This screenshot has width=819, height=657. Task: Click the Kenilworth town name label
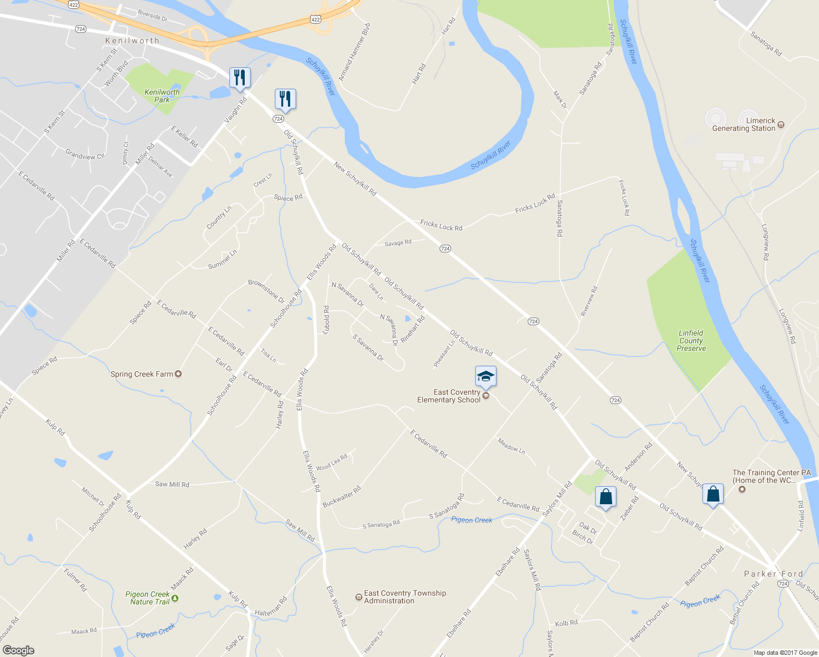coord(132,41)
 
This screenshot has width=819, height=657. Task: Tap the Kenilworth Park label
coord(162,96)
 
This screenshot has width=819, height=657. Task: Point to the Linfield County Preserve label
coord(691,341)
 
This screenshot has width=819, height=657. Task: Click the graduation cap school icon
coord(486,377)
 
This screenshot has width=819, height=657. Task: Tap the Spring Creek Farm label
coord(142,374)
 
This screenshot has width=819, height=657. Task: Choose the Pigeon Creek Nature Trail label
coord(147,598)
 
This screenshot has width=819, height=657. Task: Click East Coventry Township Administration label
coord(405,597)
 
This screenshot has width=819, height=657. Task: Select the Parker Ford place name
coord(773,574)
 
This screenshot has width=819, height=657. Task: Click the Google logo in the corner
coord(19,650)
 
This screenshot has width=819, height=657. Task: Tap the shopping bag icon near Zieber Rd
coord(605,497)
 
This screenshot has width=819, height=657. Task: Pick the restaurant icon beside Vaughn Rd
coord(239,77)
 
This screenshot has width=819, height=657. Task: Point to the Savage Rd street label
coord(398,243)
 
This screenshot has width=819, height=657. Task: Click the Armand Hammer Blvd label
coord(354,53)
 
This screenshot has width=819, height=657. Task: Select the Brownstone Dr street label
coord(267,291)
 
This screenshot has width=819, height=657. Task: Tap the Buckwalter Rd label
coord(342,497)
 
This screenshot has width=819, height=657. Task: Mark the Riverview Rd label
coord(589,301)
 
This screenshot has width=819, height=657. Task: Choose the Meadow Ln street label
coord(511,446)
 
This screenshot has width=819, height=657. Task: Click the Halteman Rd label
coord(271,607)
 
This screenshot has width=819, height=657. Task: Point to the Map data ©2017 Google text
coord(785,652)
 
